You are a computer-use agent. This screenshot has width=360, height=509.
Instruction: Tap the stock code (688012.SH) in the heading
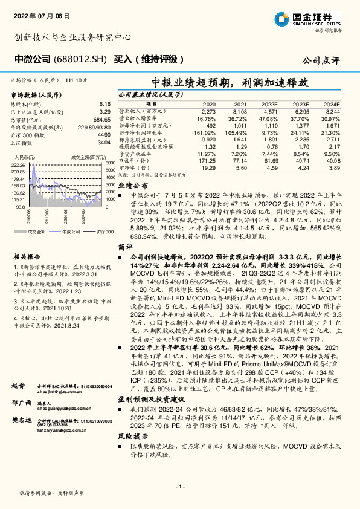(x=80, y=60)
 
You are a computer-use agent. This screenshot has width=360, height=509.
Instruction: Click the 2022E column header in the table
(x=269, y=104)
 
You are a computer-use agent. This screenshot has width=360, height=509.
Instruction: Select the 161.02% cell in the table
(x=206, y=132)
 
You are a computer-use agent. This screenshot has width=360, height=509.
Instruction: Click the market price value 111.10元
(x=79, y=80)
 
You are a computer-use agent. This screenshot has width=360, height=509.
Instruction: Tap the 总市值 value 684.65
(x=101, y=120)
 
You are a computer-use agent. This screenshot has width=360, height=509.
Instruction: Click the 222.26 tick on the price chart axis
(x=18, y=164)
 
